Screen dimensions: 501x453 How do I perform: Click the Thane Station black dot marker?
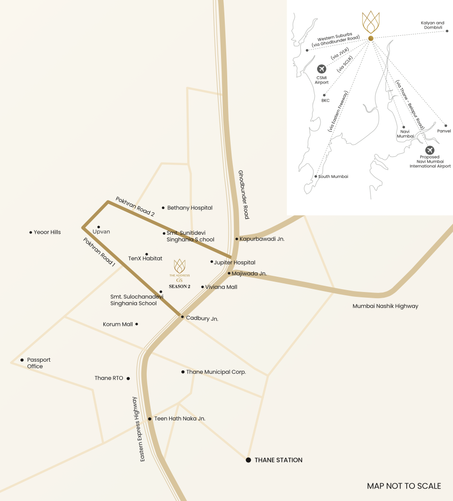[248, 460]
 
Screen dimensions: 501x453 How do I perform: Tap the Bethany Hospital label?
[190, 208]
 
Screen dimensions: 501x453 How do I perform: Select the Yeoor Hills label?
[47, 232]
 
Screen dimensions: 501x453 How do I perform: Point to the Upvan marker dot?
[99, 227]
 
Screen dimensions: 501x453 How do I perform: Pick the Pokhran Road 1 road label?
[100, 252]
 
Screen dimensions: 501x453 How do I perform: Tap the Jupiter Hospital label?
[234, 262]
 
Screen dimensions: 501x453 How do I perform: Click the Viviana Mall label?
[221, 287]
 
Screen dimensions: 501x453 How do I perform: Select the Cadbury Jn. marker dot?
[182, 316]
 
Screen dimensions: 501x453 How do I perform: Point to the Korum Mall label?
[118, 324]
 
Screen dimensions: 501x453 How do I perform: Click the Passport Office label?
[39, 363]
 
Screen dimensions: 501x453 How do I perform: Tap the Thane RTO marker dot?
[128, 378]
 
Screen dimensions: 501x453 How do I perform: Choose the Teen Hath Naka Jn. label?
[180, 419]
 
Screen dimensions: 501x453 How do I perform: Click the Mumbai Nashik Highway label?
[385, 306]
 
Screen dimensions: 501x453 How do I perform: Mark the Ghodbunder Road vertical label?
[243, 195]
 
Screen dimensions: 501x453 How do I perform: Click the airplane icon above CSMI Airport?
[322, 69]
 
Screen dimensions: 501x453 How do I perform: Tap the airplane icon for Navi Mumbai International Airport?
[430, 150]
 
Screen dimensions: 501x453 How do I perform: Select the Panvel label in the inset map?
[443, 131]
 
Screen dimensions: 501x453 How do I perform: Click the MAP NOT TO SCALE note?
[404, 486]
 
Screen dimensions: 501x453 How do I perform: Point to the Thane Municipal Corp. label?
[216, 372]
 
